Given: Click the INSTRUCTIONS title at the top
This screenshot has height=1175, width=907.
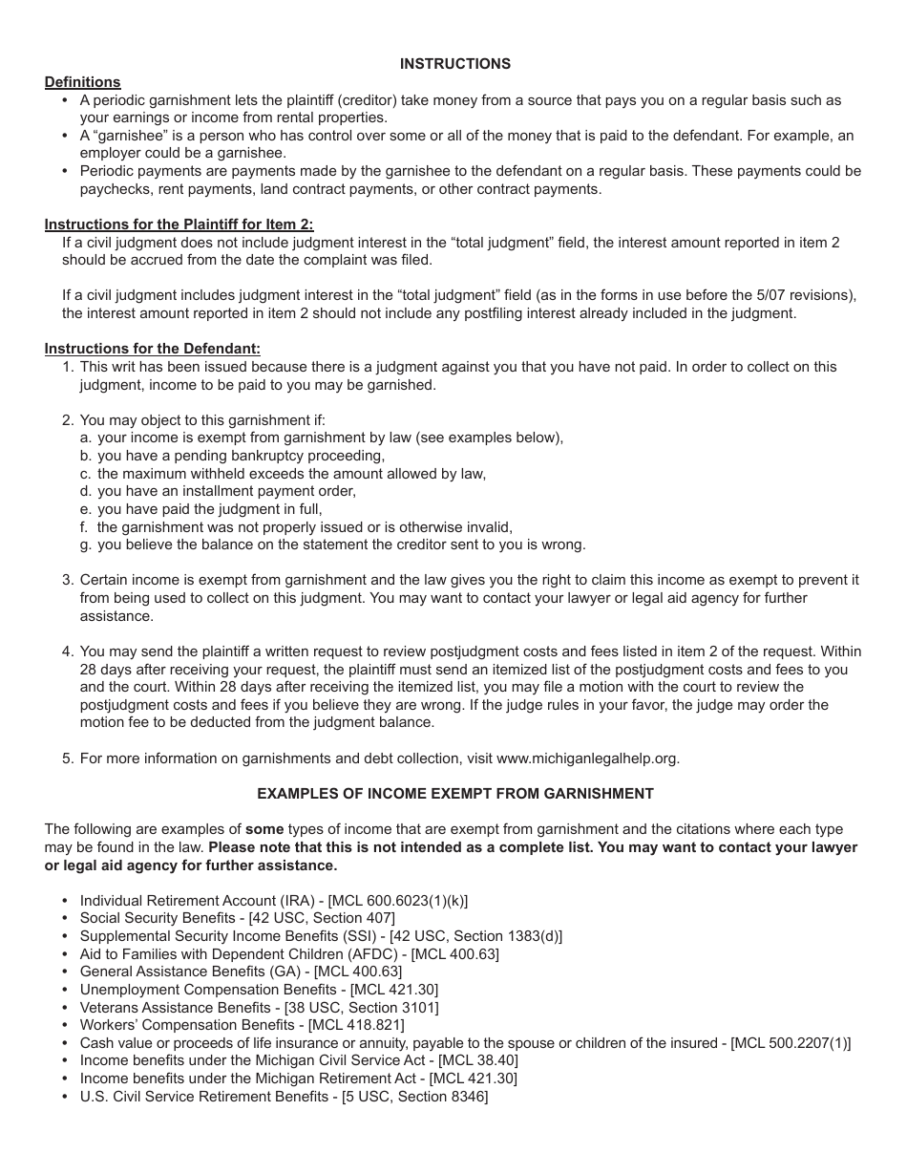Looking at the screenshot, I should coord(454,64).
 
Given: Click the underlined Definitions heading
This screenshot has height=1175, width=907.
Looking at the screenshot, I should coord(82,82).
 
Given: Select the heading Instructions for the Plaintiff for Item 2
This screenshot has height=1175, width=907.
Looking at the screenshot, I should coord(179,224).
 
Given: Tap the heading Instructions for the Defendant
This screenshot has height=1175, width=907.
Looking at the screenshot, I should coord(152,349).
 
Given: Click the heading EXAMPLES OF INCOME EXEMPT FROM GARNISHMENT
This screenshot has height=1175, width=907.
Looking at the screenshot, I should coord(455,794).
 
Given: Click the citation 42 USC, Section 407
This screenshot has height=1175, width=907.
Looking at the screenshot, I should coord(322,918).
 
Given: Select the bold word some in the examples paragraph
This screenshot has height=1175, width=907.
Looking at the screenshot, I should coord(264,829).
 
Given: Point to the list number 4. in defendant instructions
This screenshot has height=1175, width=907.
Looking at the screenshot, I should coord(68,652).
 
